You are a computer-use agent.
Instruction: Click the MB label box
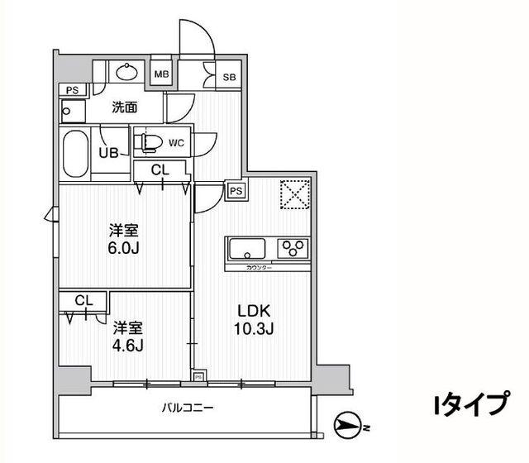click(161, 74)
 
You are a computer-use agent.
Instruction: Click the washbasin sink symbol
click(127, 72)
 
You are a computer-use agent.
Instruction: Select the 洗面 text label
click(125, 107)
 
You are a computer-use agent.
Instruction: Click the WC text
click(176, 143)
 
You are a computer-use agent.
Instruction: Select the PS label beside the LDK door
click(236, 190)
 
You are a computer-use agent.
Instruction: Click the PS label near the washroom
click(71, 90)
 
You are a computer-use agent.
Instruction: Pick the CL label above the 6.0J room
click(162, 171)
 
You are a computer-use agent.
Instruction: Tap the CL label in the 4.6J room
click(83, 301)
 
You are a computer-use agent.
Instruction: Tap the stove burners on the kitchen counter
click(293, 248)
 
